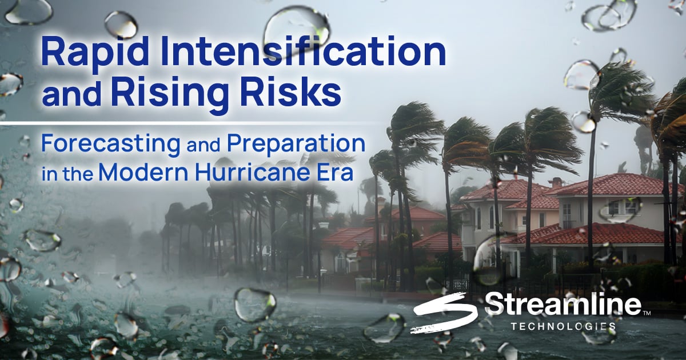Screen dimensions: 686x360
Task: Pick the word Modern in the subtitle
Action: [x=143, y=172]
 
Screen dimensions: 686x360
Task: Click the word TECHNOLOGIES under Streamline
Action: [x=563, y=326]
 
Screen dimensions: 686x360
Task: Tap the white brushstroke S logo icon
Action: [x=445, y=312]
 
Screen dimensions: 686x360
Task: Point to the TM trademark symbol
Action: [x=647, y=313]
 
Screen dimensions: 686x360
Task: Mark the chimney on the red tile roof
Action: [x=556, y=182]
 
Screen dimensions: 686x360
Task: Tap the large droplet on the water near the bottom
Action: [x=255, y=305]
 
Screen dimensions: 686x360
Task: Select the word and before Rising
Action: [x=71, y=92]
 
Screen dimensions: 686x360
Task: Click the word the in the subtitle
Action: [x=78, y=174]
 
